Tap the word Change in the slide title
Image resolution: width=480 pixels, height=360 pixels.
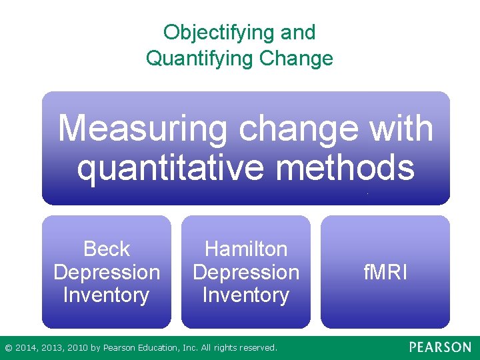[296, 58]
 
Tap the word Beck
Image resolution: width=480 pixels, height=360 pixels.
[107, 249]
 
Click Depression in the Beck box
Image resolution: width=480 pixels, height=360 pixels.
[107, 272]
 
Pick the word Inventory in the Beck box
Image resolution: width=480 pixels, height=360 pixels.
[107, 295]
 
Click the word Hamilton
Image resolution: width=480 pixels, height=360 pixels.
[246, 249]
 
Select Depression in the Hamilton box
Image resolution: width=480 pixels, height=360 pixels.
[246, 272]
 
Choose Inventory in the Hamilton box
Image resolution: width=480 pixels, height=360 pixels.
[246, 295]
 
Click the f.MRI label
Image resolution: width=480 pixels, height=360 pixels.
[385, 272]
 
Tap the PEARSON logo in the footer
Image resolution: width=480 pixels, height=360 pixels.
[439, 347]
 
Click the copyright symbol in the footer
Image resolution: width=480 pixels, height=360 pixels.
[8, 348]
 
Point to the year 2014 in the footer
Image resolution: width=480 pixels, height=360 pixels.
[25, 348]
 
